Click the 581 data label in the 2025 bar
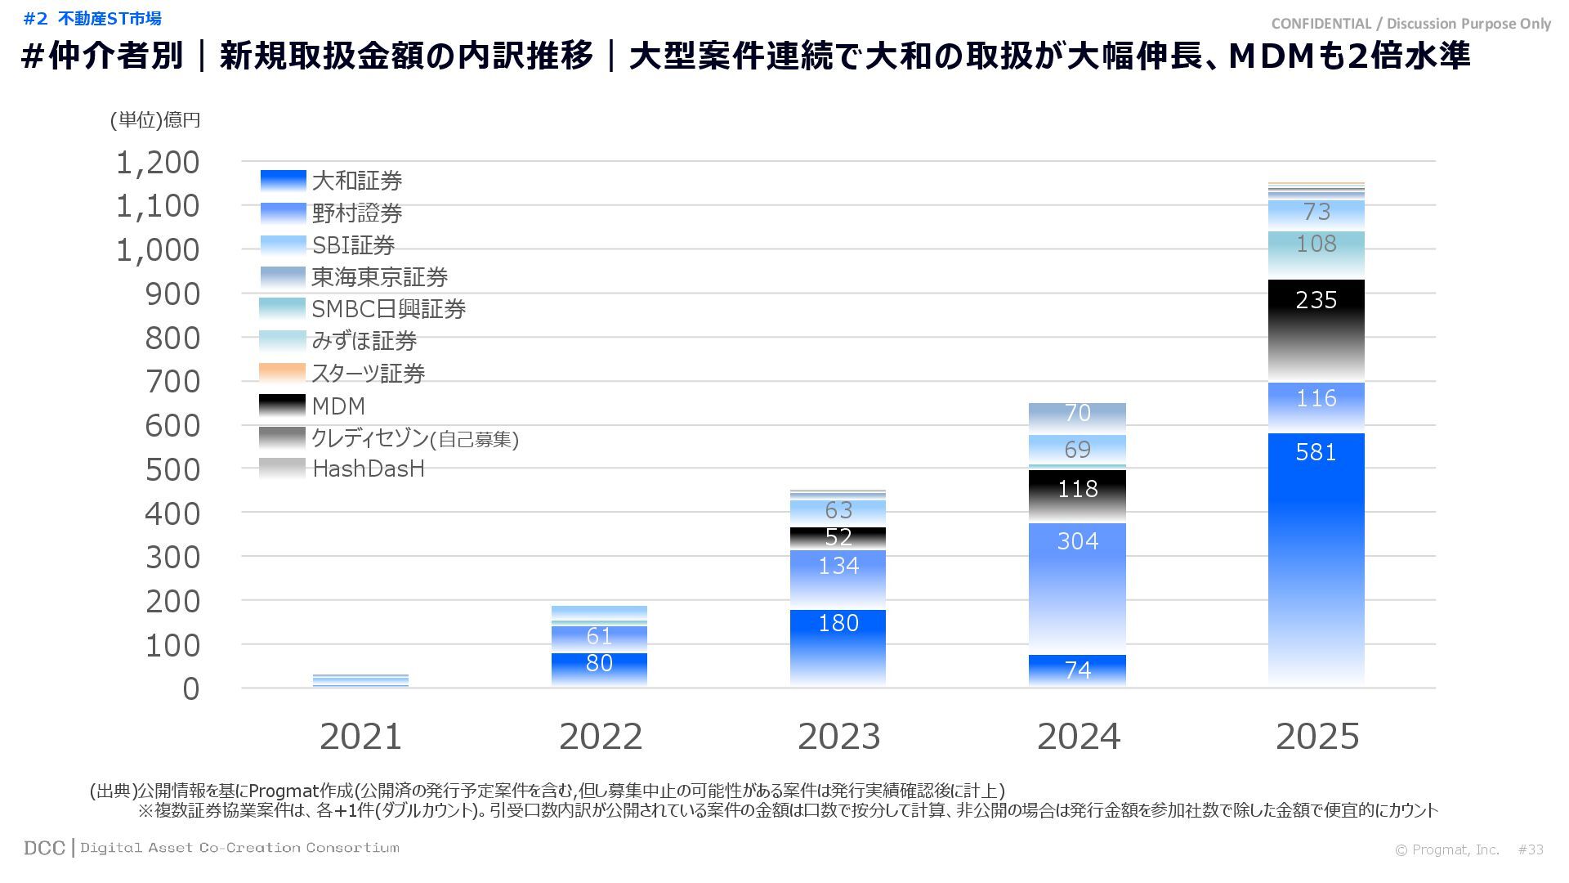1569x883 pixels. point(1316,452)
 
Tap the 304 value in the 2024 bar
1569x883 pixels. point(1077,540)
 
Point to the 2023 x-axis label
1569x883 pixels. point(838,737)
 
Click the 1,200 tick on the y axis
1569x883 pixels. point(158,163)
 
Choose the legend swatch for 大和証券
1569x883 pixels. point(283,181)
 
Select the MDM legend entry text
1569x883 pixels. point(338,406)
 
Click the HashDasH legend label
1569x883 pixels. point(369,468)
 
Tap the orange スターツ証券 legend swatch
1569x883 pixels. point(283,373)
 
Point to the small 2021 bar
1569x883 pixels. point(360,680)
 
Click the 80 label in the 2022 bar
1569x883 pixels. point(599,663)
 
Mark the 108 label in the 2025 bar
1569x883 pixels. point(1316,244)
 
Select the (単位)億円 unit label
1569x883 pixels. point(155,120)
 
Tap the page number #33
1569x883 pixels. point(1531,849)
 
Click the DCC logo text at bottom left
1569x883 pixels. point(44,848)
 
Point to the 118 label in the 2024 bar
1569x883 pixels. point(1077,489)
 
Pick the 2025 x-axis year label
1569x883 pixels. point(1316,737)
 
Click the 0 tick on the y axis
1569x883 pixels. point(190,689)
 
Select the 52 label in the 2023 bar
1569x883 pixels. point(838,537)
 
